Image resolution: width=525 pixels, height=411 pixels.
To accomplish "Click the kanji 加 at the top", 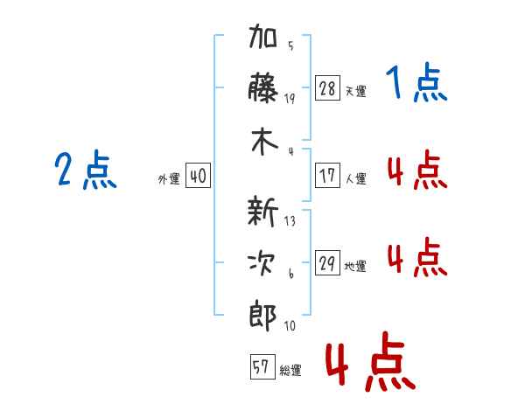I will [x=263, y=41].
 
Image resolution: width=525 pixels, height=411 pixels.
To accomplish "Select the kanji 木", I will [x=263, y=143].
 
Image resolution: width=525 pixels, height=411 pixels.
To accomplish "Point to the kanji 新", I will [x=263, y=212].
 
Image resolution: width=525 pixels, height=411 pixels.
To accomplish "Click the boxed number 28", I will [x=327, y=88].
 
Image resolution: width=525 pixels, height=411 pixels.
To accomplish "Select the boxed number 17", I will [x=327, y=176].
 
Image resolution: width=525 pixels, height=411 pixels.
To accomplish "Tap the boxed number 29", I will [x=327, y=264].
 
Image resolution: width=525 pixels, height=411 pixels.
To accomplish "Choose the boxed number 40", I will [x=198, y=177].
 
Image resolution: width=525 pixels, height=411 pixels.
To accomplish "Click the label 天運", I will [x=355, y=91].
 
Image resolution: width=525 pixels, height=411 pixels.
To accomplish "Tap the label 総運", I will [x=290, y=370].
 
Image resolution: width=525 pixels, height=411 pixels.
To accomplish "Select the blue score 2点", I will [x=85, y=170].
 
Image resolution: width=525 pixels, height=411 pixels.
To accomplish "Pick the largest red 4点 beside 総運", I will [x=369, y=363].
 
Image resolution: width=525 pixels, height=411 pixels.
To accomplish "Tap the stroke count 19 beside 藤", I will [x=290, y=99].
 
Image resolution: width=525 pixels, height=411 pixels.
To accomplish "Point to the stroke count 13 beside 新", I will [x=290, y=221].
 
